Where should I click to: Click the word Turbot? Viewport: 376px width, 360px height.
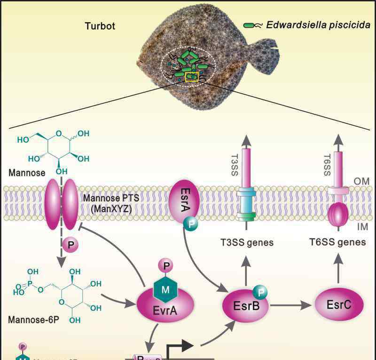click(99, 26)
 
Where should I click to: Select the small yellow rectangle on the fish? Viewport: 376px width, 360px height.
click(192, 76)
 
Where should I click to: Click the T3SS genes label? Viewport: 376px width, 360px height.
click(247, 243)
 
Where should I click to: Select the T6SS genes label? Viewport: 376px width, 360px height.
click(337, 242)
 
